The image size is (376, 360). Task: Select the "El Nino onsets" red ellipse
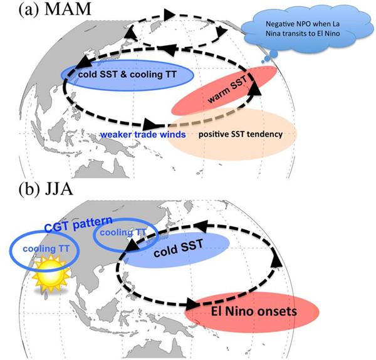pos(250,312)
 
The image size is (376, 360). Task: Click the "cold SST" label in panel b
pos(180,250)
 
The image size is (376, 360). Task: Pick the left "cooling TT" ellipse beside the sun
pos(44,248)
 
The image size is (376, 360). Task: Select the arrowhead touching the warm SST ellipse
pos(255,89)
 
